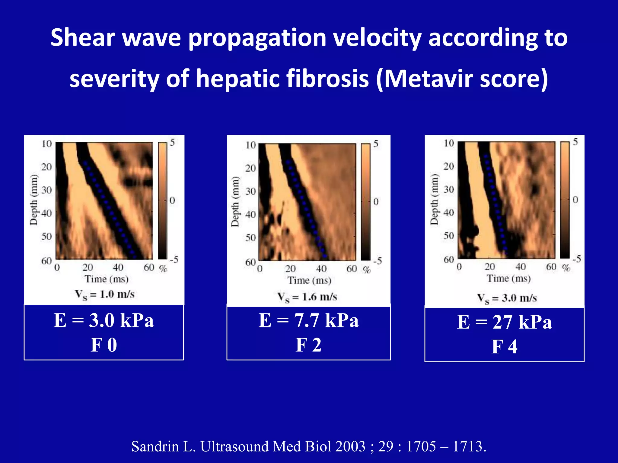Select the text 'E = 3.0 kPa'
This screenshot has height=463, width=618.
pyautogui.click(x=104, y=320)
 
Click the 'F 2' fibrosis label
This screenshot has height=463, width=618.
pyautogui.click(x=308, y=345)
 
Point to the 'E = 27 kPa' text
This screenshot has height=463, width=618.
pyautogui.click(x=504, y=322)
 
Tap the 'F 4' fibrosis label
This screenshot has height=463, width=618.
pyautogui.click(x=504, y=347)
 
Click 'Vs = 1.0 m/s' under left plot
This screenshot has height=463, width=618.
pyautogui.click(x=104, y=294)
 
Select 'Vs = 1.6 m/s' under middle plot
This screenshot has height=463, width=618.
pyautogui.click(x=307, y=297)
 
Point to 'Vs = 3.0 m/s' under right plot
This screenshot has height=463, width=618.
pyautogui.click(x=507, y=298)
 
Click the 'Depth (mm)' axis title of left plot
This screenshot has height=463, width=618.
pyautogui.click(x=33, y=200)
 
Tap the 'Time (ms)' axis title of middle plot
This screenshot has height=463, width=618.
pyautogui.click(x=309, y=280)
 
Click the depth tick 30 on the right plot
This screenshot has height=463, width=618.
pyautogui.click(x=449, y=189)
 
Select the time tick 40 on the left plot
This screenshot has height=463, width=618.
pyautogui.click(x=118, y=267)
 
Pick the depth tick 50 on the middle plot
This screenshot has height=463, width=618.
pyautogui.click(x=250, y=238)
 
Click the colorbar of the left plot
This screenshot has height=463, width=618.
pyautogui.click(x=162, y=200)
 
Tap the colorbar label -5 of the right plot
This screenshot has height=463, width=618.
pyautogui.click(x=577, y=259)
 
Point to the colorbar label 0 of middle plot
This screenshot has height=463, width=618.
pyautogui.click(x=376, y=202)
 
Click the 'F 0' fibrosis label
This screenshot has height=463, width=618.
pyautogui.click(x=104, y=345)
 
